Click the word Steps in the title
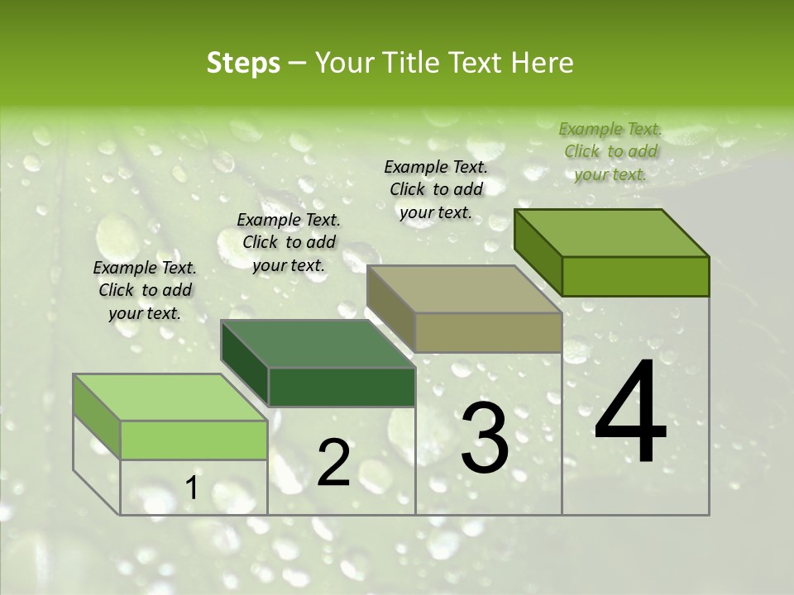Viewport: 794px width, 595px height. (x=243, y=64)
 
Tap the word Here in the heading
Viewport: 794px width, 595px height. (x=543, y=64)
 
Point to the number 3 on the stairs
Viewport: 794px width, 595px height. (x=485, y=439)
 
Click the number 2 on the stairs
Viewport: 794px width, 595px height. (x=334, y=464)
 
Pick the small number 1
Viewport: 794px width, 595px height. (x=192, y=489)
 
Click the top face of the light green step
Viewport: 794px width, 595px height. (x=170, y=397)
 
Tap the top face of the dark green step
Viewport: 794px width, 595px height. (x=318, y=343)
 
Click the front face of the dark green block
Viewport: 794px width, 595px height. (x=342, y=387)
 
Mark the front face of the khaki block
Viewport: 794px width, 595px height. (x=488, y=333)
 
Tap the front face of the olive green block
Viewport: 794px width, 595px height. (x=635, y=276)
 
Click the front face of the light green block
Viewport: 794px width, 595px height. (x=194, y=440)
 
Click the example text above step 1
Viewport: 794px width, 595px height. (x=145, y=291)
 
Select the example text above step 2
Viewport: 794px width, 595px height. (x=289, y=243)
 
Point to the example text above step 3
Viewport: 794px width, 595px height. (x=436, y=189)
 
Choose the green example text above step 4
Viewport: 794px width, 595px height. (x=610, y=151)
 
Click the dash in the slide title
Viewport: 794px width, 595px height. (x=298, y=64)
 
